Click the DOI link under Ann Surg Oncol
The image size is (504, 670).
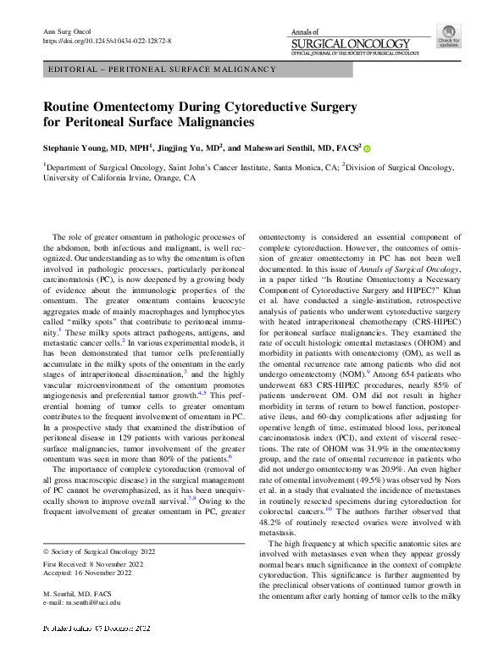point(107,40)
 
